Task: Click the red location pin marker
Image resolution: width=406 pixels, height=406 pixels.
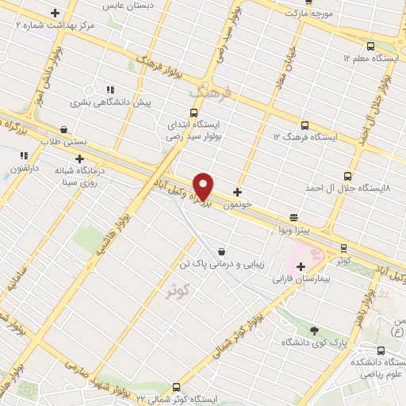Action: click(204, 186)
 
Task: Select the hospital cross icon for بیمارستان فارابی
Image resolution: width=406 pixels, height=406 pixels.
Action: click(301, 266)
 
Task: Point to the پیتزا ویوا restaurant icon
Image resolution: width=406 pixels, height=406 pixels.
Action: click(294, 216)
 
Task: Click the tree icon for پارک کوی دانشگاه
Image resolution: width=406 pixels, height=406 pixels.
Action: click(315, 330)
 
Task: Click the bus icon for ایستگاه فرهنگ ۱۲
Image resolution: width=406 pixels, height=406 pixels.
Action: click(305, 124)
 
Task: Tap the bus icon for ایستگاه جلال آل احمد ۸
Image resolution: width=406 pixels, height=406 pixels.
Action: click(347, 176)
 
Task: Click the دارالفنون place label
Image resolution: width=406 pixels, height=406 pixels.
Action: click(24, 168)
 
